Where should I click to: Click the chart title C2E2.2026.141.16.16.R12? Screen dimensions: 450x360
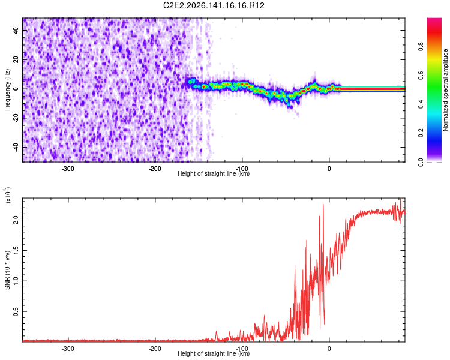[x=214, y=5]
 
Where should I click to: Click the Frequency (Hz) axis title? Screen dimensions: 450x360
[x=7, y=89]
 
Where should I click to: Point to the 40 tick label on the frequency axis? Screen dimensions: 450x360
[x=16, y=30]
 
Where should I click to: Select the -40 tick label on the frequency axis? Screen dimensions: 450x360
[x=16, y=147]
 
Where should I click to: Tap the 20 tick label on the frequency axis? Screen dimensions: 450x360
[x=16, y=59]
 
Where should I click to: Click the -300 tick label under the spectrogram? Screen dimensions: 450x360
[x=68, y=169]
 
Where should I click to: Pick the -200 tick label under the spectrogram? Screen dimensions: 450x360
[x=155, y=169]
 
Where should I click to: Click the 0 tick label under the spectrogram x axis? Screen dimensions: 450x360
[x=329, y=169]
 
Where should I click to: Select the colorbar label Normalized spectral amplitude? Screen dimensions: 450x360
[x=445, y=90]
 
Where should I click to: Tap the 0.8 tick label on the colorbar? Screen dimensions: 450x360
[x=421, y=47]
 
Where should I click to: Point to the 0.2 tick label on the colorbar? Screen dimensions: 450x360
[x=421, y=133]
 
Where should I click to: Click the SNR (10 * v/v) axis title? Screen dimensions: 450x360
[x=7, y=270]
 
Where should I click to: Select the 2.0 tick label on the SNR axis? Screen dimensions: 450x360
[x=16, y=220]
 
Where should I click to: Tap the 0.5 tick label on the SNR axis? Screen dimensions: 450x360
[x=16, y=311]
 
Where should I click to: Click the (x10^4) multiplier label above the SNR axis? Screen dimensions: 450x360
[x=7, y=195]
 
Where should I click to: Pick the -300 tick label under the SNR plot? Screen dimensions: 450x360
[x=68, y=349]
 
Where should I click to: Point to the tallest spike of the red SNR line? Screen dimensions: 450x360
[x=401, y=199]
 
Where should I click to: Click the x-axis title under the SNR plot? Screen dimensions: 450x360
[x=214, y=353]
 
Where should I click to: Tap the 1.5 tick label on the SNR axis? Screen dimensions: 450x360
[x=16, y=250]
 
